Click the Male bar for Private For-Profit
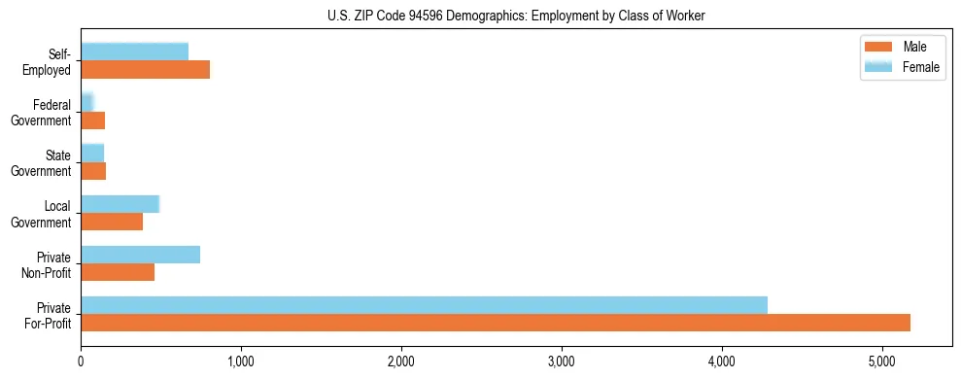click(x=496, y=323)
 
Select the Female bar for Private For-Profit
click(x=424, y=305)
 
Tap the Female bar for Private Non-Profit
click(x=140, y=255)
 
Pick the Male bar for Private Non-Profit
click(x=118, y=272)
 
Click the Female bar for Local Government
click(x=120, y=204)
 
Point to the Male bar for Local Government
click(x=112, y=222)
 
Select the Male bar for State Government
click(x=93, y=171)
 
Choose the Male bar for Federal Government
click(x=92, y=121)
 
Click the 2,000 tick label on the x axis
click(x=401, y=362)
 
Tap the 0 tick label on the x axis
click(x=81, y=362)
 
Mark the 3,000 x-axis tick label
click(x=562, y=362)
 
